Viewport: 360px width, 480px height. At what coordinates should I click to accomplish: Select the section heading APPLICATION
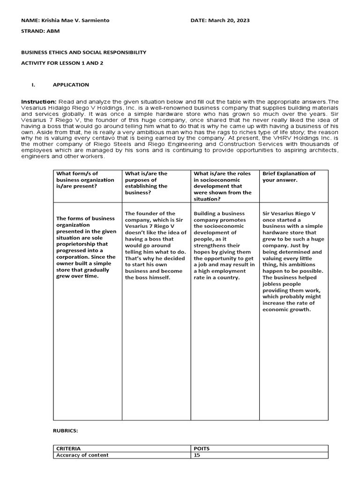71,85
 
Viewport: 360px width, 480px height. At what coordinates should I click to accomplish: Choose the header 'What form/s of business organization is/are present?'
85,180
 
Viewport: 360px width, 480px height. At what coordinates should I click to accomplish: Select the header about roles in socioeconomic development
223,186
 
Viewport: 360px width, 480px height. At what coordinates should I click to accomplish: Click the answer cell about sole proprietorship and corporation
86,247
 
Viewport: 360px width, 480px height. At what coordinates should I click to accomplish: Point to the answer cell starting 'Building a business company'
224,246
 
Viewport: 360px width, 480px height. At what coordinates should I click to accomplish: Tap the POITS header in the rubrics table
203,449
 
